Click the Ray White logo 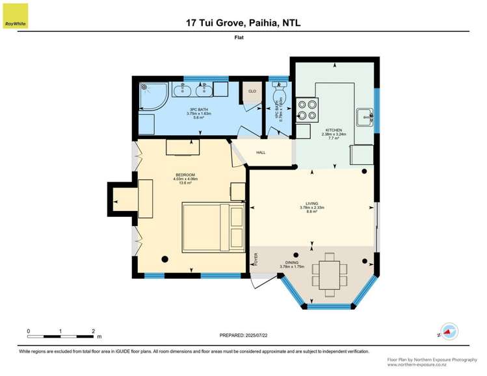15,16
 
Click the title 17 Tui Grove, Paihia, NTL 244,23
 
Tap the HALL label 261,153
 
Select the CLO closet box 252,92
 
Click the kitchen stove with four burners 307,109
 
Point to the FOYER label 256,260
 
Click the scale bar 61,336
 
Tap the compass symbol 449,331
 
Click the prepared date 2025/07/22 244,334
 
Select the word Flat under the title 243,38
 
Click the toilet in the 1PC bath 280,95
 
